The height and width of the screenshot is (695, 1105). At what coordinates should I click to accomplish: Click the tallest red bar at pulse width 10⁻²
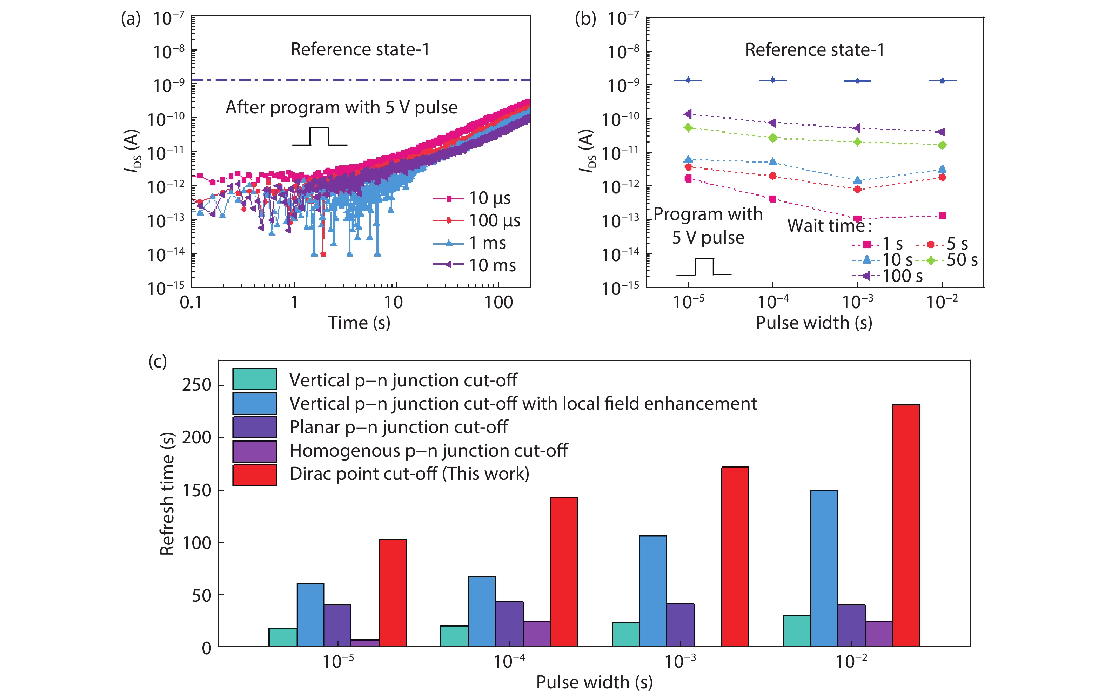pos(906,525)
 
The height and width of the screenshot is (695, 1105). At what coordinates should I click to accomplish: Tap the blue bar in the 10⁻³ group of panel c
pos(652,591)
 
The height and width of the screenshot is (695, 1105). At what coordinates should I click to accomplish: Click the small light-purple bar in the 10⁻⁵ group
pos(365,643)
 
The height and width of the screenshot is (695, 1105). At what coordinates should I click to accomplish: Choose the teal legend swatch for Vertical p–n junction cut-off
pos(254,379)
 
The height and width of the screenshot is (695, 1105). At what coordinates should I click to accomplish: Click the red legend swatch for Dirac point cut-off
pos(254,475)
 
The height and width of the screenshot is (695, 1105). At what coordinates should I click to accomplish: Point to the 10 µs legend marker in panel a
pos(449,199)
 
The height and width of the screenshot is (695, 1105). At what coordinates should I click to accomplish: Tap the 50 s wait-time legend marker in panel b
pos(931,261)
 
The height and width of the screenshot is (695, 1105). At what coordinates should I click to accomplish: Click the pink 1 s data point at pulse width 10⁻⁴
pos(773,199)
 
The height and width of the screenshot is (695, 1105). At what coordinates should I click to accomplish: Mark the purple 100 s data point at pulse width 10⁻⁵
pos(688,114)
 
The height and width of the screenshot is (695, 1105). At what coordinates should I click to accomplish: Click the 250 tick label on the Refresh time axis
pos(197,385)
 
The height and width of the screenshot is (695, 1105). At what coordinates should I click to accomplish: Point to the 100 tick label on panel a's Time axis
pos(499,302)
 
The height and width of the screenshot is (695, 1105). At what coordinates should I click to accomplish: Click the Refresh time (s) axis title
pos(167,494)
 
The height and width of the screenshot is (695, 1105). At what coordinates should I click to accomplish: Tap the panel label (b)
pos(585,19)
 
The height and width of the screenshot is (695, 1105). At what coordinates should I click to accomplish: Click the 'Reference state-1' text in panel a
pos(360,49)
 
